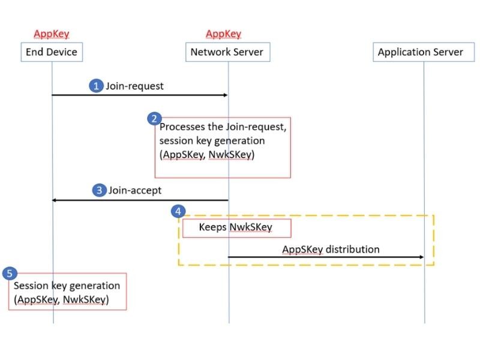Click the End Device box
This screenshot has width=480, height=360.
pyautogui.click(x=52, y=52)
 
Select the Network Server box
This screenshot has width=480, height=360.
pyautogui.click(x=227, y=52)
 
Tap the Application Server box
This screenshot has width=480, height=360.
pyautogui.click(x=420, y=52)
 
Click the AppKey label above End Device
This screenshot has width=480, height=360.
pyautogui.click(x=52, y=34)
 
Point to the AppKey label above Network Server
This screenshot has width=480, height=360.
pyautogui.click(x=223, y=34)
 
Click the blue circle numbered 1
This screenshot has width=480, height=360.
pyautogui.click(x=96, y=86)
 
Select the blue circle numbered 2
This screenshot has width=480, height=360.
pyautogui.click(x=154, y=118)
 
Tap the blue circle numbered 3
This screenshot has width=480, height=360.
pyautogui.click(x=99, y=190)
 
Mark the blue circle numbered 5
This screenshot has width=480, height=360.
pyautogui.click(x=9, y=274)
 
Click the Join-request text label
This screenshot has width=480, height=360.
pyautogui.click(x=135, y=86)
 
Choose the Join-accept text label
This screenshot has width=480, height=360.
pyautogui.click(x=135, y=190)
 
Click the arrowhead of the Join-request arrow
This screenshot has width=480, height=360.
pyautogui.click(x=224, y=95)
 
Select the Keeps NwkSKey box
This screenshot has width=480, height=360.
pyautogui.click(x=236, y=228)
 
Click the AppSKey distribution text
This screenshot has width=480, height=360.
pyautogui.click(x=331, y=249)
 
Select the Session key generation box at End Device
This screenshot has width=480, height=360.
pyautogui.click(x=67, y=292)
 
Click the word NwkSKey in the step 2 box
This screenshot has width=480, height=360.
pyautogui.click(x=235, y=154)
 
